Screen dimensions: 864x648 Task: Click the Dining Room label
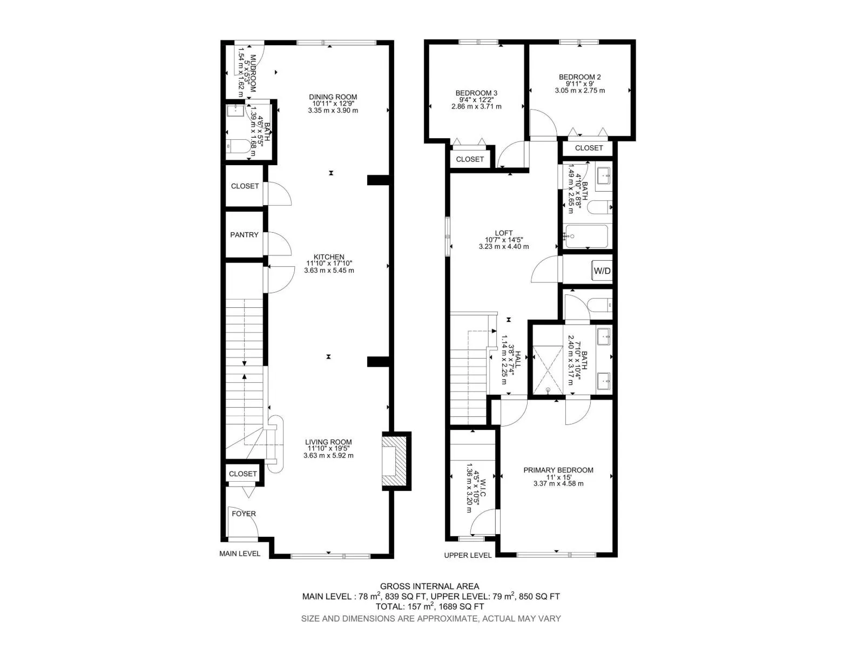click(x=333, y=97)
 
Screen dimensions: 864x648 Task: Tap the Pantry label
click(x=244, y=234)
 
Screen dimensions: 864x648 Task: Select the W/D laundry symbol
click(x=602, y=271)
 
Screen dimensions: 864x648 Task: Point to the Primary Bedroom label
click(x=558, y=470)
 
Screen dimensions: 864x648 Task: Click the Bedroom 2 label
click(x=580, y=77)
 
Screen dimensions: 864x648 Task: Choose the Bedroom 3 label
click(x=476, y=93)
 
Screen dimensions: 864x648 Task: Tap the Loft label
click(x=504, y=233)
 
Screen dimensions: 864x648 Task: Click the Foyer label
click(x=244, y=514)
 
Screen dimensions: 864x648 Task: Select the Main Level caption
click(x=240, y=553)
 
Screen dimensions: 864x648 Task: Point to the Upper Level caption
click(x=468, y=555)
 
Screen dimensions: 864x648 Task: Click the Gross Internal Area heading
click(x=429, y=586)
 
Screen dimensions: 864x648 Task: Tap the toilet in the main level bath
click(x=239, y=146)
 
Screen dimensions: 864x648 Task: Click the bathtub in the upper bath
click(x=586, y=236)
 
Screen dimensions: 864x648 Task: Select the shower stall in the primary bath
click(x=548, y=369)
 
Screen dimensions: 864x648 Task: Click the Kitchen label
click(x=329, y=256)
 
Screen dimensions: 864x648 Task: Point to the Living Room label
click(x=328, y=442)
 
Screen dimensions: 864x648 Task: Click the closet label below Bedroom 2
click(x=589, y=148)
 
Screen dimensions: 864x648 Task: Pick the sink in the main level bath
click(x=235, y=110)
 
